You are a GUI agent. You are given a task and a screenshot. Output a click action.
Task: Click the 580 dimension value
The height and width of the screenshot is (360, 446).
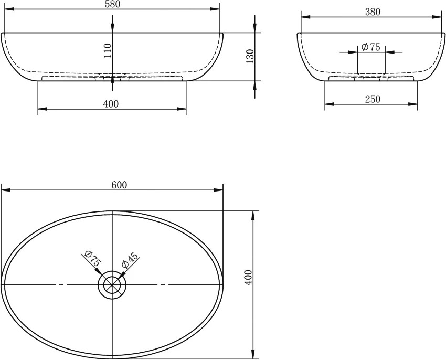click(112, 4)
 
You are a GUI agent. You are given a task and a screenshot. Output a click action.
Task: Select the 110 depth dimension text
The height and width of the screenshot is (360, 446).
click(108, 50)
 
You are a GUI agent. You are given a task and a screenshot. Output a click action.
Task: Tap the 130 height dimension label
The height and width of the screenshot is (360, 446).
click(249, 56)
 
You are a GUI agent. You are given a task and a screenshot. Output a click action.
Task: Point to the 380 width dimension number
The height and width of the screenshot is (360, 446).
click(373, 12)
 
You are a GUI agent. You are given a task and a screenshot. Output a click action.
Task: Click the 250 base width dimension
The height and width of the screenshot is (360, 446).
click(373, 99)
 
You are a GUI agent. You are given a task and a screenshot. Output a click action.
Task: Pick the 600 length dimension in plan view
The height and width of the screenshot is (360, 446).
click(119, 185)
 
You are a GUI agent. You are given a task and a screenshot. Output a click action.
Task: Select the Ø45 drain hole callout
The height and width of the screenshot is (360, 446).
click(130, 260)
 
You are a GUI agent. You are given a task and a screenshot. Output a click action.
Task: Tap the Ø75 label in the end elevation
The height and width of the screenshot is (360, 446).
click(370, 47)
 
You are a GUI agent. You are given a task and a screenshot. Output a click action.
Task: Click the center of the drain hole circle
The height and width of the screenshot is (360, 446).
click(112, 284)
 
